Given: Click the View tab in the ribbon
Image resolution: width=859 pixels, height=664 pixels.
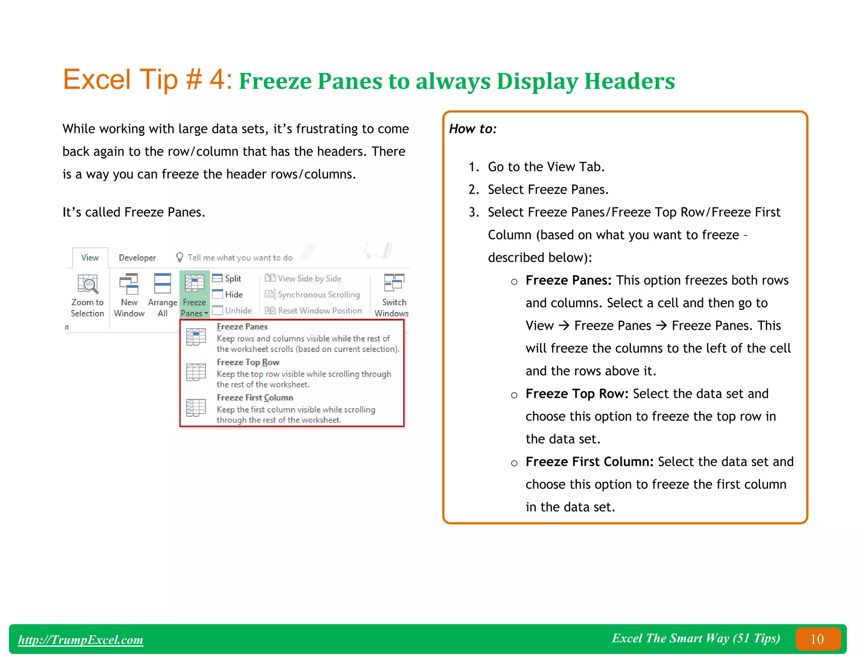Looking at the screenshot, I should (x=90, y=258).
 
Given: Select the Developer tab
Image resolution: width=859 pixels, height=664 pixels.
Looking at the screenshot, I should (x=137, y=258).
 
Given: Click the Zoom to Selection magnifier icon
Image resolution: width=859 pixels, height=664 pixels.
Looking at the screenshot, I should (x=88, y=284).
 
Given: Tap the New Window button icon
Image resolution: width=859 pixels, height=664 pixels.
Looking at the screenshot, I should (x=129, y=284).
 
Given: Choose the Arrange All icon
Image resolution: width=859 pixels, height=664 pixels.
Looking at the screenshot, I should (x=162, y=284).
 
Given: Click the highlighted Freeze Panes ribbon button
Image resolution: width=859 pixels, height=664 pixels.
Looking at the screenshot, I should (x=194, y=294).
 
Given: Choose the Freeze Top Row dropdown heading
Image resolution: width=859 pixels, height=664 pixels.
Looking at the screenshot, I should (x=248, y=362).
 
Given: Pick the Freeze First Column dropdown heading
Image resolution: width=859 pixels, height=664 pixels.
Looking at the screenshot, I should (x=255, y=397).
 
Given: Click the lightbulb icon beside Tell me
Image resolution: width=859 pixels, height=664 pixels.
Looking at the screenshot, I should (x=180, y=257).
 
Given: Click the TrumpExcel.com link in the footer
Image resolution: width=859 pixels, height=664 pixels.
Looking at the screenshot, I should (x=81, y=640).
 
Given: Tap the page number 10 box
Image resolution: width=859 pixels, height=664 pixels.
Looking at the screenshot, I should (x=817, y=639).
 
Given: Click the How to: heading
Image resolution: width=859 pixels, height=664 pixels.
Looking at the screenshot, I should (x=473, y=129).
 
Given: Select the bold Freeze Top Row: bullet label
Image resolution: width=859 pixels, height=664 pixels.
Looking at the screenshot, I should (x=577, y=394).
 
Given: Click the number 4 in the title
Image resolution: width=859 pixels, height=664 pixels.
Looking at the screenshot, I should (x=218, y=79).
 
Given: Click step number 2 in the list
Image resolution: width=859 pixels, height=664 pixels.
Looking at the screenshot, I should (x=474, y=190).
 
